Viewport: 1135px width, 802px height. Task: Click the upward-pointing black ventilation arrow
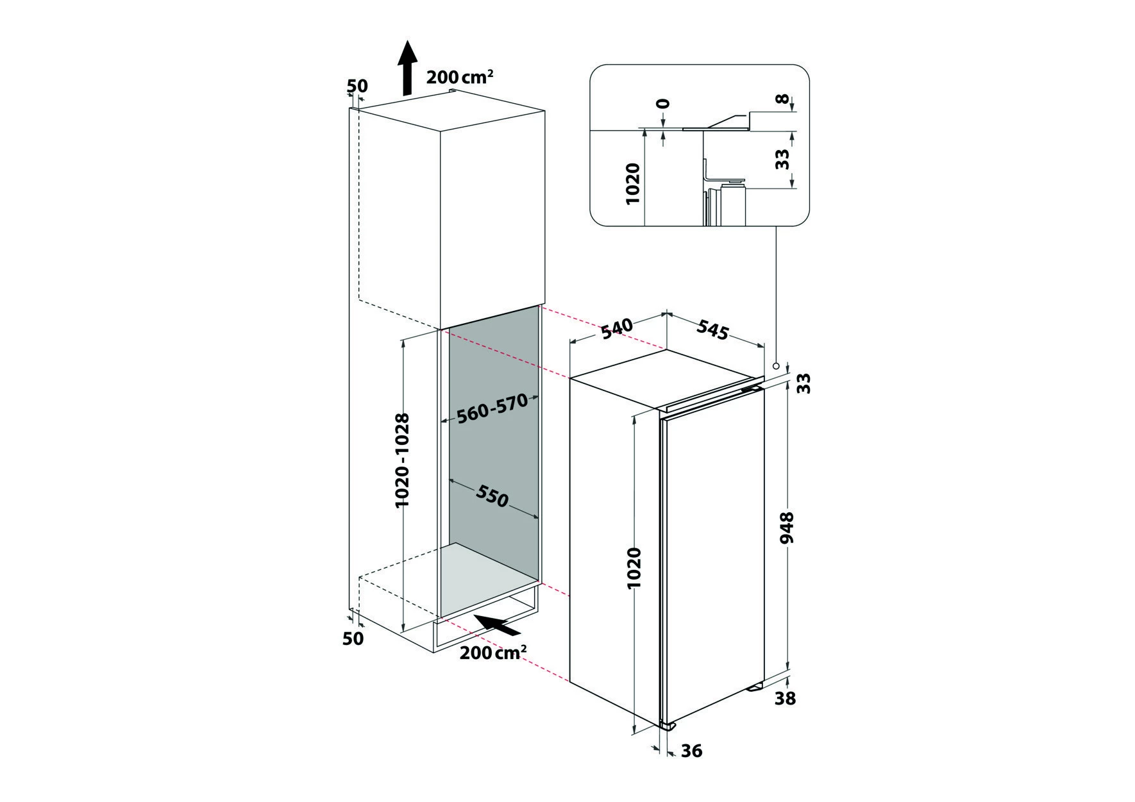(405, 68)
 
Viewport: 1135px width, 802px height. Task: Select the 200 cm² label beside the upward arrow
(460, 77)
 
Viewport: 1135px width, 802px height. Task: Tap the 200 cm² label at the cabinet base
(493, 652)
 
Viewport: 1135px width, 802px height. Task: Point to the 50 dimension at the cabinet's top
(357, 85)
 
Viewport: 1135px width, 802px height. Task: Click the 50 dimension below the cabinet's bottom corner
(353, 638)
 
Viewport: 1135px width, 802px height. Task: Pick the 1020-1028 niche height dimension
(402, 460)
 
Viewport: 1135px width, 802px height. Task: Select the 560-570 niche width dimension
(492, 409)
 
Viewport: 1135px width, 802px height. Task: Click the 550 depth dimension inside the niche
(492, 495)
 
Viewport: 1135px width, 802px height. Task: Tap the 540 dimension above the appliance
(617, 328)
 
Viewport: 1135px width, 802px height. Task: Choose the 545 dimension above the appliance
(713, 330)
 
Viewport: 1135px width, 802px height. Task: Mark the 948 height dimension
(787, 528)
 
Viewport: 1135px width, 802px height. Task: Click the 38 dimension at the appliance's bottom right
(785, 698)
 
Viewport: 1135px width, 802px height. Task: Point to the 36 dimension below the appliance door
(691, 750)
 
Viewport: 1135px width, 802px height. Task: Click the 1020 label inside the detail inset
(633, 184)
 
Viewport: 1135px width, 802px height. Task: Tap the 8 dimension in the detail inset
(781, 99)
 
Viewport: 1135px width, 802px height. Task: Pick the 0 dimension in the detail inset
(663, 104)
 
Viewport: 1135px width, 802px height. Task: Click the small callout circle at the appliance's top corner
(776, 366)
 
